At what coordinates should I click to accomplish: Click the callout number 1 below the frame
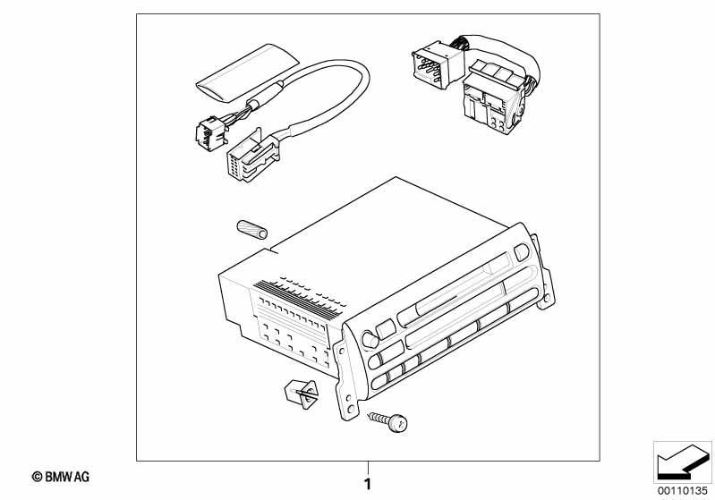click(x=368, y=484)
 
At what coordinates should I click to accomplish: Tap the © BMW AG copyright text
click(x=61, y=478)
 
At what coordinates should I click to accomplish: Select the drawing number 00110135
click(x=682, y=491)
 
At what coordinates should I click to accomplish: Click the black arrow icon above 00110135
click(x=682, y=462)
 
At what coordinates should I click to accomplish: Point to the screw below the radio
click(x=389, y=421)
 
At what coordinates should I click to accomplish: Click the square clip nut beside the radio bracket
click(x=302, y=394)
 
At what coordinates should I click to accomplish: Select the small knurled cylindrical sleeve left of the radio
click(x=251, y=230)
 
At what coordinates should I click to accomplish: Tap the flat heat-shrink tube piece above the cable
click(x=248, y=73)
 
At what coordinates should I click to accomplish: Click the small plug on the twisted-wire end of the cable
click(x=211, y=131)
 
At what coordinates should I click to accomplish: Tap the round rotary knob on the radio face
click(x=370, y=340)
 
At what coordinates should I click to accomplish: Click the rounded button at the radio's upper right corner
click(x=521, y=253)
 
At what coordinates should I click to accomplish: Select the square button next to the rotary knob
click(x=386, y=328)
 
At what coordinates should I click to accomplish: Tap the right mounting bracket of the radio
click(x=544, y=274)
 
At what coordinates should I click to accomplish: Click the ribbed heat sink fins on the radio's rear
click(x=299, y=299)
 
